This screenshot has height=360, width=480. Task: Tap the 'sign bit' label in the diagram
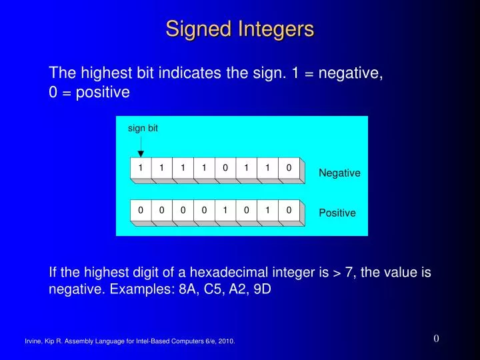(x=143, y=128)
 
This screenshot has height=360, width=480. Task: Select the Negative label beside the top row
(x=339, y=173)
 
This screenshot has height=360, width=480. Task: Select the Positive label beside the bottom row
(x=337, y=213)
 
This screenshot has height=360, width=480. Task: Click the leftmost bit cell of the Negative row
(x=141, y=168)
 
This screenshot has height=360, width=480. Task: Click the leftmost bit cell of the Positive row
(x=141, y=211)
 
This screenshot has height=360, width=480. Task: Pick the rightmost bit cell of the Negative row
(x=289, y=168)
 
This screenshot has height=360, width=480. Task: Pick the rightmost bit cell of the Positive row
(x=289, y=211)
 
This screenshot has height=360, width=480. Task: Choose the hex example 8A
(x=188, y=290)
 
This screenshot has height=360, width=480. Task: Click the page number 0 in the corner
(x=436, y=338)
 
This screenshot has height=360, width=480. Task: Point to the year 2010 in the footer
(x=226, y=341)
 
